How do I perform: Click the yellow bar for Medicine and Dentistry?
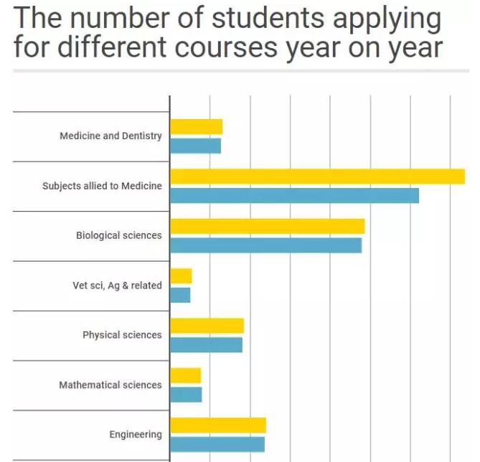click(x=196, y=127)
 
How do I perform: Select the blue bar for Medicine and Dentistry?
click(x=195, y=146)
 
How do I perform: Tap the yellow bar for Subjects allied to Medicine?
click(x=317, y=176)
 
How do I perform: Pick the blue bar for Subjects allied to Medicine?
click(x=294, y=195)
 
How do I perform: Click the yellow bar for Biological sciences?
click(x=267, y=226)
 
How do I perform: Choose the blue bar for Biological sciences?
click(x=265, y=245)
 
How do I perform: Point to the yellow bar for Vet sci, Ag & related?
click(x=181, y=276)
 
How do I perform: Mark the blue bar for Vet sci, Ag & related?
click(x=180, y=295)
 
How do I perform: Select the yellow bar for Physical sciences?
click(x=207, y=326)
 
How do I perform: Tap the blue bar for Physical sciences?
click(x=206, y=345)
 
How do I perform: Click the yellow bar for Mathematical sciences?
click(x=185, y=375)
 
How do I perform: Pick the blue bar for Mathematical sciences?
click(x=186, y=395)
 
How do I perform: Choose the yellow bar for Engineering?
click(x=218, y=425)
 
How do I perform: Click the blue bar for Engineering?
click(x=217, y=444)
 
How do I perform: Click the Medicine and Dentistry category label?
click(x=110, y=136)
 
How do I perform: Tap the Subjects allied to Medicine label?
click(x=102, y=186)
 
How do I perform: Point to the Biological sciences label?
click(x=119, y=235)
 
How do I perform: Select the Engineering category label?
click(x=136, y=434)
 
